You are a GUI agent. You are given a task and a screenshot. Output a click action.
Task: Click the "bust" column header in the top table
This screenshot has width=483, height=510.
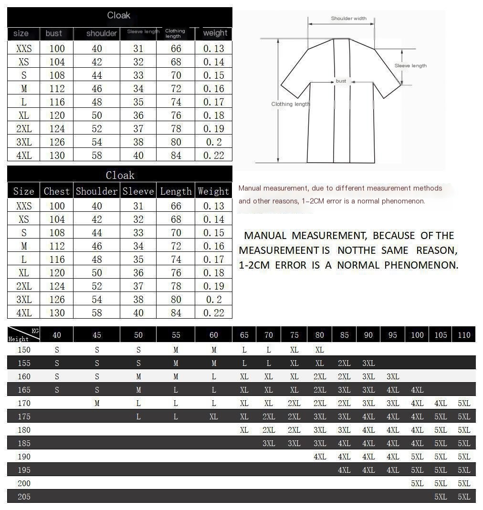pos(54,33)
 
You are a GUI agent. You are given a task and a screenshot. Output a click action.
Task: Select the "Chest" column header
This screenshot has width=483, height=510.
pos(57,191)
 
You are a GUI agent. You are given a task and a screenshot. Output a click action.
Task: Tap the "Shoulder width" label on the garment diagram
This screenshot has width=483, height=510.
pos(349,19)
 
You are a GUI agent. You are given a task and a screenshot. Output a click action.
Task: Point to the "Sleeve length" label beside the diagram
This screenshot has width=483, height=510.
pos(410,66)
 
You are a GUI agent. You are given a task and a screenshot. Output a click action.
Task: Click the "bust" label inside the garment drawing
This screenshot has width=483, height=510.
pos(341,81)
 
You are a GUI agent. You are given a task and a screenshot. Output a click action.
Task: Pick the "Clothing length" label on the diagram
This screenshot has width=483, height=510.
pos(290,104)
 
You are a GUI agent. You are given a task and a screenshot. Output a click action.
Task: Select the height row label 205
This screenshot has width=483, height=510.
pos(24,497)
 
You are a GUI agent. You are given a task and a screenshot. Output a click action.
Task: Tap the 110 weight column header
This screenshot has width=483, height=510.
pos(464,335)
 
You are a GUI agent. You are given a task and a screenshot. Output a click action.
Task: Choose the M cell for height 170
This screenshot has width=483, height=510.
pos(97,403)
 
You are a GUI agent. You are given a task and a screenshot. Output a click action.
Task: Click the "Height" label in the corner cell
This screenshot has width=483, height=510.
pos(18,339)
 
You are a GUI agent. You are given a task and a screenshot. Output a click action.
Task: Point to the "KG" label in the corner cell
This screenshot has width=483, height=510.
pos(35,331)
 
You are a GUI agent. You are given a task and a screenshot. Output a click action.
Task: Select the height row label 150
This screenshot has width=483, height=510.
pos(24,350)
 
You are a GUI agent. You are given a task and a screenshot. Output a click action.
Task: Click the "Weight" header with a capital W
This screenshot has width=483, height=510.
pos(213,191)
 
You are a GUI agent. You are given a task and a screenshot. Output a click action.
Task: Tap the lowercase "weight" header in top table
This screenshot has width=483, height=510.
pos(215,33)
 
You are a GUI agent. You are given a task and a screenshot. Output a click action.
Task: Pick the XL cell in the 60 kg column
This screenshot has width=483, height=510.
pos(213,416)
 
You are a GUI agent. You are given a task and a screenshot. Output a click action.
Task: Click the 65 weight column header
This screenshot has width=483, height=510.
pos(244,335)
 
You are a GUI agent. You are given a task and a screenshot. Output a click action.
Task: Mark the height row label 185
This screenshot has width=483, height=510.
pos(24,443)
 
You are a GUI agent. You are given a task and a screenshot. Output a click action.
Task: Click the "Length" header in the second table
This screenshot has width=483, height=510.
pos(176,191)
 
